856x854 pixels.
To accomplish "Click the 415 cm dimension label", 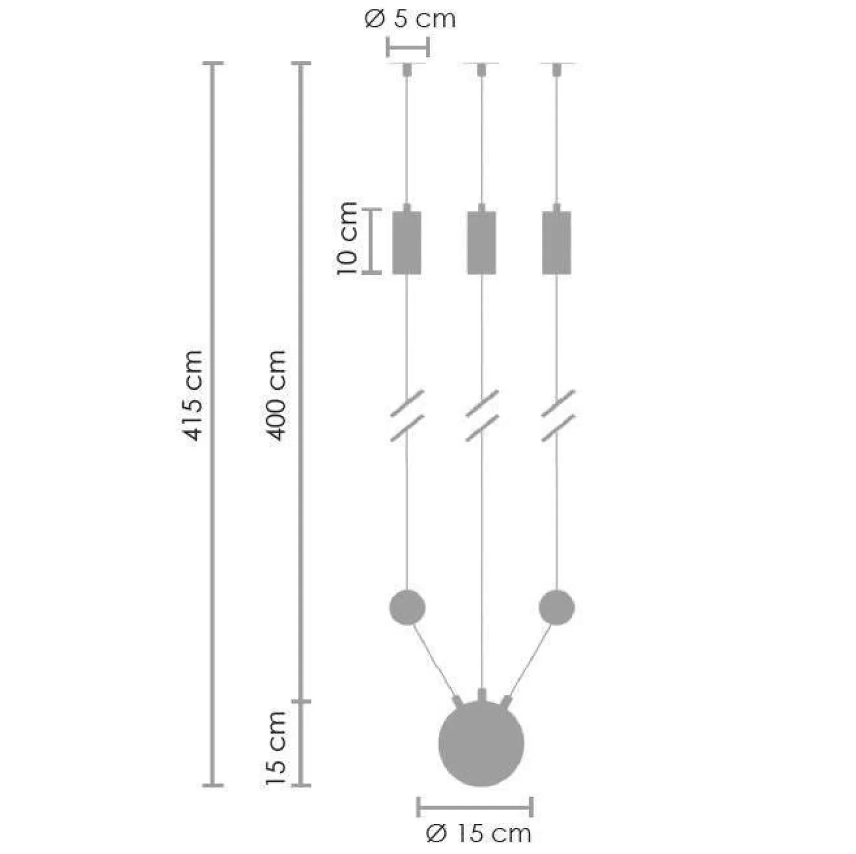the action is click(193, 395).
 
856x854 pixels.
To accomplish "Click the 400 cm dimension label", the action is click(276, 395).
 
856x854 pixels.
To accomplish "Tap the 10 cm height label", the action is click(347, 239).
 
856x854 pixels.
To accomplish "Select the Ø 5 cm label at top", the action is click(410, 19).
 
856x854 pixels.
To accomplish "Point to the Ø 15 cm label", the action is click(479, 833).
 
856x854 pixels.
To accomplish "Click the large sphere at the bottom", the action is click(481, 744).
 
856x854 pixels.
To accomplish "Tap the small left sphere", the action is click(407, 607).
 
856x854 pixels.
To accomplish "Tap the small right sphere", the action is click(557, 607).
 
